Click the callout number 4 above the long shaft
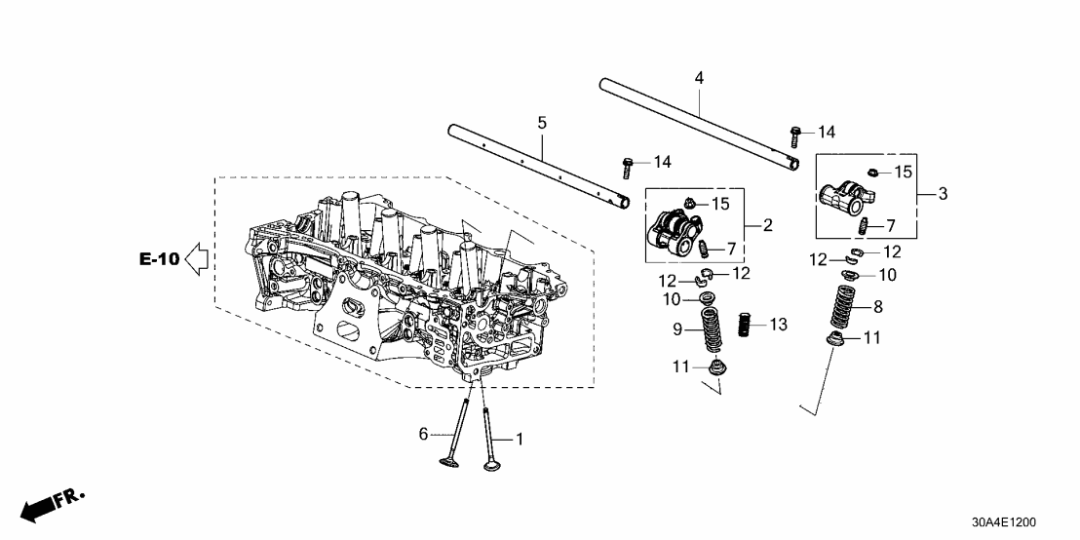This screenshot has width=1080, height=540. tap(699, 77)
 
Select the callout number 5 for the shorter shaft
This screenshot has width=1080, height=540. tap(543, 123)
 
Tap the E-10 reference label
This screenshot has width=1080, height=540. tap(159, 259)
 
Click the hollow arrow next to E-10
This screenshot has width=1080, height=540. tap(198, 259)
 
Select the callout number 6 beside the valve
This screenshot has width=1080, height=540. tap(424, 434)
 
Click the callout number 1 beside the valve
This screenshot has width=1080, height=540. tap(519, 440)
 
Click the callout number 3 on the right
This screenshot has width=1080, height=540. tap(943, 194)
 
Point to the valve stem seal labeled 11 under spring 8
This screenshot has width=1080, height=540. tap(836, 340)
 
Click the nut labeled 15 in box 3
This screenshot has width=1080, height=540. tap(874, 173)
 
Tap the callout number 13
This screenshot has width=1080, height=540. tap(777, 324)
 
